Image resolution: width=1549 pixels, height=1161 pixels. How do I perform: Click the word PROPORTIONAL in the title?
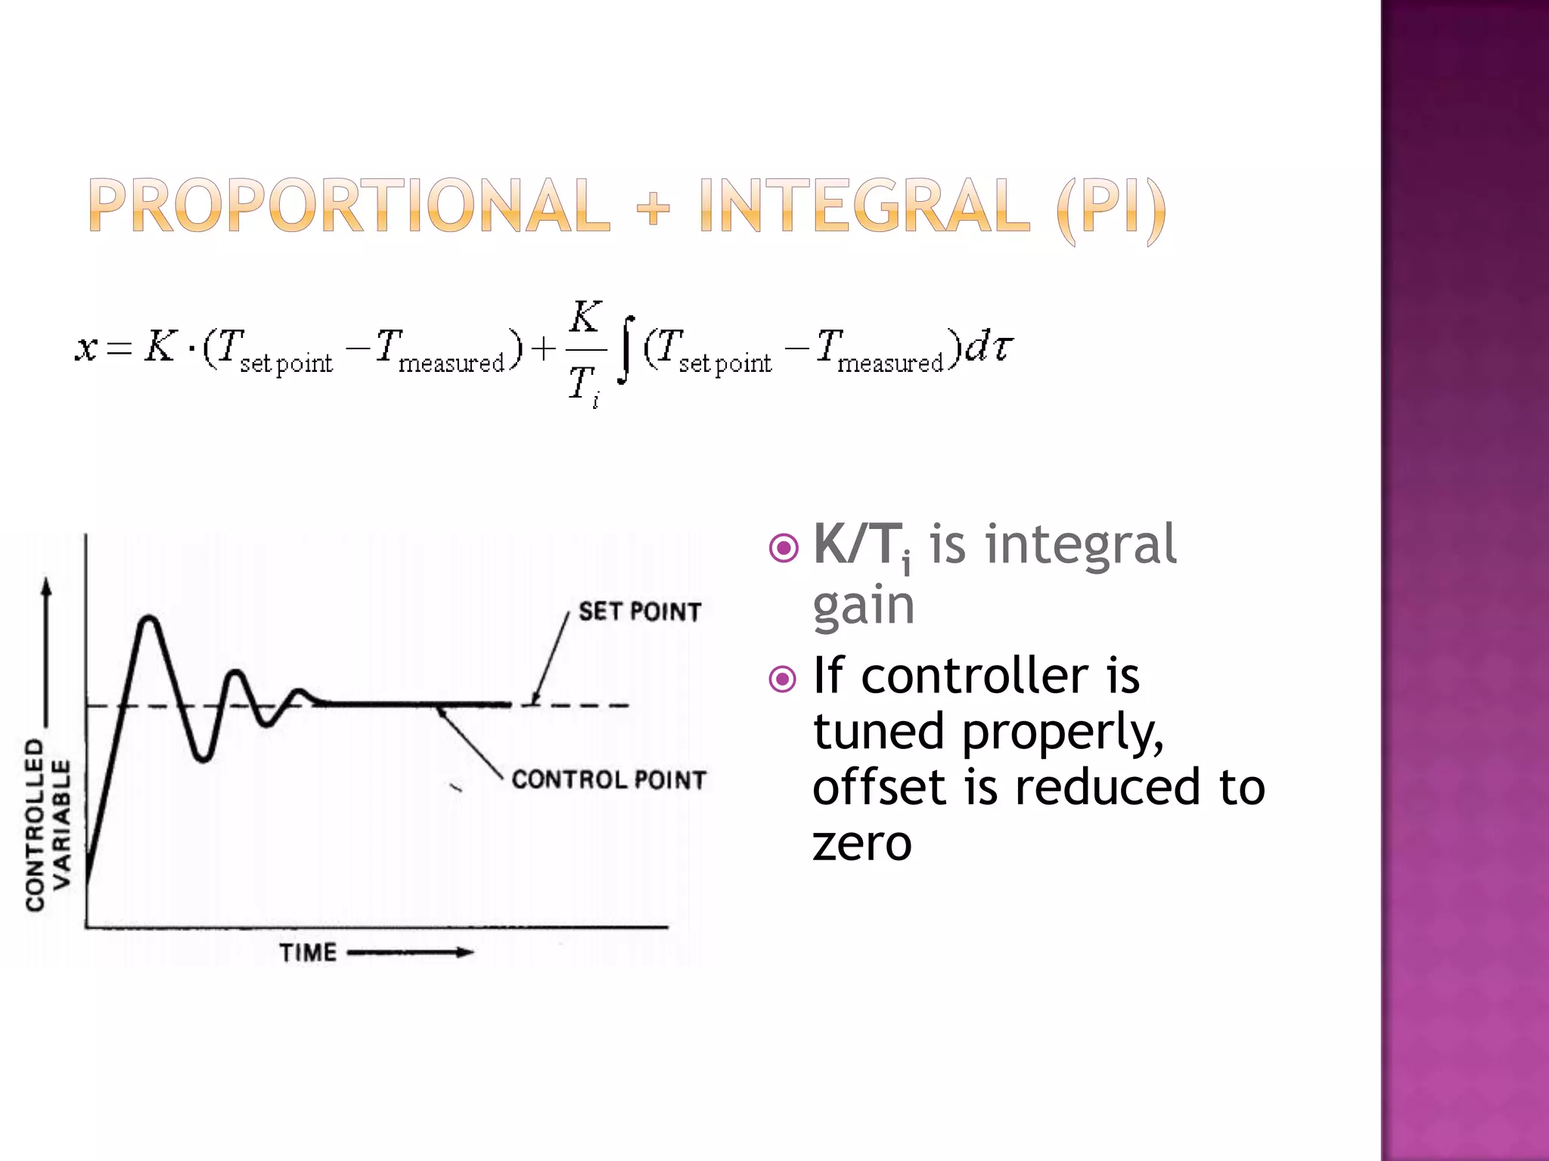[x=349, y=206]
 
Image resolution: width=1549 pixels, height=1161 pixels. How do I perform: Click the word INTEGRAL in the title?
[x=865, y=206]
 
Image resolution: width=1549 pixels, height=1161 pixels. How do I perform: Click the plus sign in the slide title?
[x=653, y=207]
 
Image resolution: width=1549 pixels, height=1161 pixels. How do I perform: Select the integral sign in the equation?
[x=625, y=350]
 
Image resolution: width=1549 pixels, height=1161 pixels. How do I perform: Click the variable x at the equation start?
[x=85, y=348]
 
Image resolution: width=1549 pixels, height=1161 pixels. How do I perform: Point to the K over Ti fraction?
[x=585, y=351]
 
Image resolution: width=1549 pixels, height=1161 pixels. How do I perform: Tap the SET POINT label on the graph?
[x=640, y=611]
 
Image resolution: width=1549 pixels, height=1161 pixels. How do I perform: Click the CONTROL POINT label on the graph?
[x=609, y=779]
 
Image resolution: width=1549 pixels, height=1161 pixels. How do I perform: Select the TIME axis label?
[x=308, y=952]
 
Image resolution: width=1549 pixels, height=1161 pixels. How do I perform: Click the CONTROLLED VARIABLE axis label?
[x=48, y=824]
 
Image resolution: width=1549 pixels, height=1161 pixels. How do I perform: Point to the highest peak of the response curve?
[x=150, y=619]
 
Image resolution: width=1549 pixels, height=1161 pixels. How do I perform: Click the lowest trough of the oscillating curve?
[x=202, y=758]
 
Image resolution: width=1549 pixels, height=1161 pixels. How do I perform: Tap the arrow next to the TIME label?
[x=410, y=952]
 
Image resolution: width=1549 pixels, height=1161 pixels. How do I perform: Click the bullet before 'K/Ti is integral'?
[x=783, y=548]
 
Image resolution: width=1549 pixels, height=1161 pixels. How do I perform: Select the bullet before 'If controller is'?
[x=783, y=679]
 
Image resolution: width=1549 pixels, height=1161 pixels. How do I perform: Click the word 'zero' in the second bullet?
[x=861, y=844]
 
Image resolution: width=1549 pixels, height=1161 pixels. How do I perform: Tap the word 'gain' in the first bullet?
[x=863, y=607]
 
